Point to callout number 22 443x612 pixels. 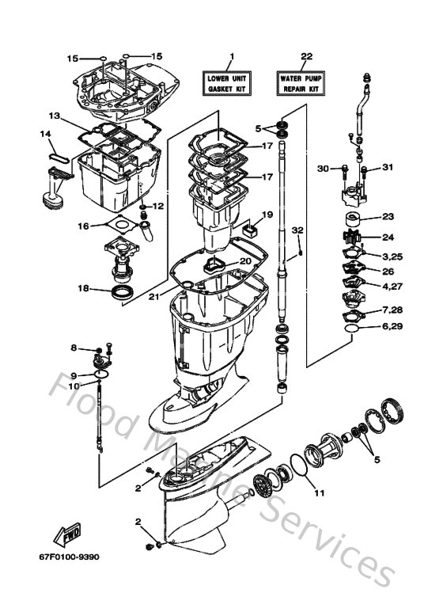[x=306, y=56]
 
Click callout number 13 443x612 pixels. [x=53, y=116]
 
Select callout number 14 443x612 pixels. [x=45, y=134]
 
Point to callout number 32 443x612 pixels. [x=297, y=230]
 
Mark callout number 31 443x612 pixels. [x=388, y=167]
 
